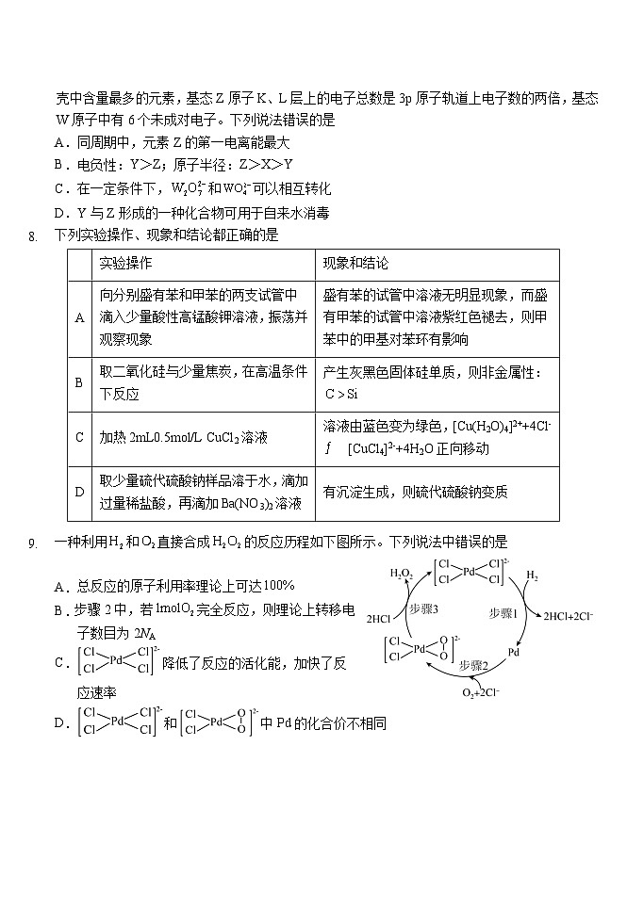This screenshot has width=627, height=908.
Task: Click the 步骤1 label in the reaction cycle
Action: (503, 613)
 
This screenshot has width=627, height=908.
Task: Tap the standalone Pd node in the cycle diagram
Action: (515, 651)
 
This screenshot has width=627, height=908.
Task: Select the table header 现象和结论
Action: (355, 263)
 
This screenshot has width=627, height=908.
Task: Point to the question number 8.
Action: (33, 235)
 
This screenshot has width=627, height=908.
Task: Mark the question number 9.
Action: (33, 543)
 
